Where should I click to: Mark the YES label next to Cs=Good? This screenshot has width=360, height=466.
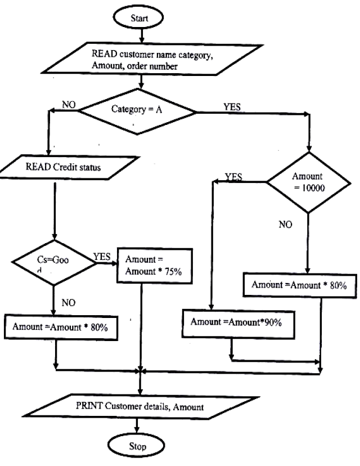(x=102, y=256)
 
